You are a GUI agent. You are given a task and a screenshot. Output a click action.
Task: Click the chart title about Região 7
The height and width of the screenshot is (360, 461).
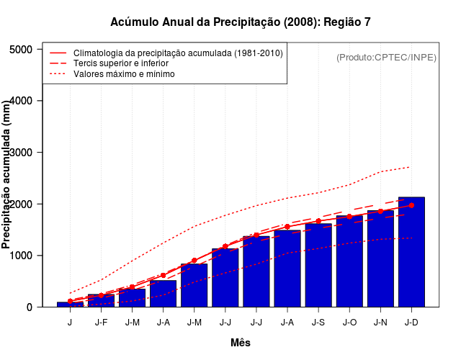click(x=241, y=22)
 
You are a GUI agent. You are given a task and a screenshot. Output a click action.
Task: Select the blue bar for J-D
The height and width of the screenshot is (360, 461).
click(x=411, y=252)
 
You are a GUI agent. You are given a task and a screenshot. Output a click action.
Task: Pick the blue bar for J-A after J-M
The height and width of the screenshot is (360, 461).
click(x=164, y=294)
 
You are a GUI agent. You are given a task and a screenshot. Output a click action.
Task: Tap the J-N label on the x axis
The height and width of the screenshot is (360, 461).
click(x=380, y=322)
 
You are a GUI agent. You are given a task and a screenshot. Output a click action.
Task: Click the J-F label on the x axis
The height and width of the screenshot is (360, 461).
click(x=101, y=322)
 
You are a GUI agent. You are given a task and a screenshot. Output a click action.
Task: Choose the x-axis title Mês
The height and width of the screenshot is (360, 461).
click(x=241, y=343)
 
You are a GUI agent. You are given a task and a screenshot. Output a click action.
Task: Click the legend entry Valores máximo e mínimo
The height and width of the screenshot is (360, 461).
click(x=124, y=73)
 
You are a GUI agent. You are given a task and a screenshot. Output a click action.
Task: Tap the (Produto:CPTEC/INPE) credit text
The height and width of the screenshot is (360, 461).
click(x=386, y=57)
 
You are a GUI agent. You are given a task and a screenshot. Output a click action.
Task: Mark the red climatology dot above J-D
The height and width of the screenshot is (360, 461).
click(x=411, y=205)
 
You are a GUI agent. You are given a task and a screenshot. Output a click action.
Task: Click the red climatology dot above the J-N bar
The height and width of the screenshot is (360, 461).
click(x=380, y=211)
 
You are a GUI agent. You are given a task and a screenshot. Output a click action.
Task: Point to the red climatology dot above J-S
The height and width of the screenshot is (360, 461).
click(x=318, y=221)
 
